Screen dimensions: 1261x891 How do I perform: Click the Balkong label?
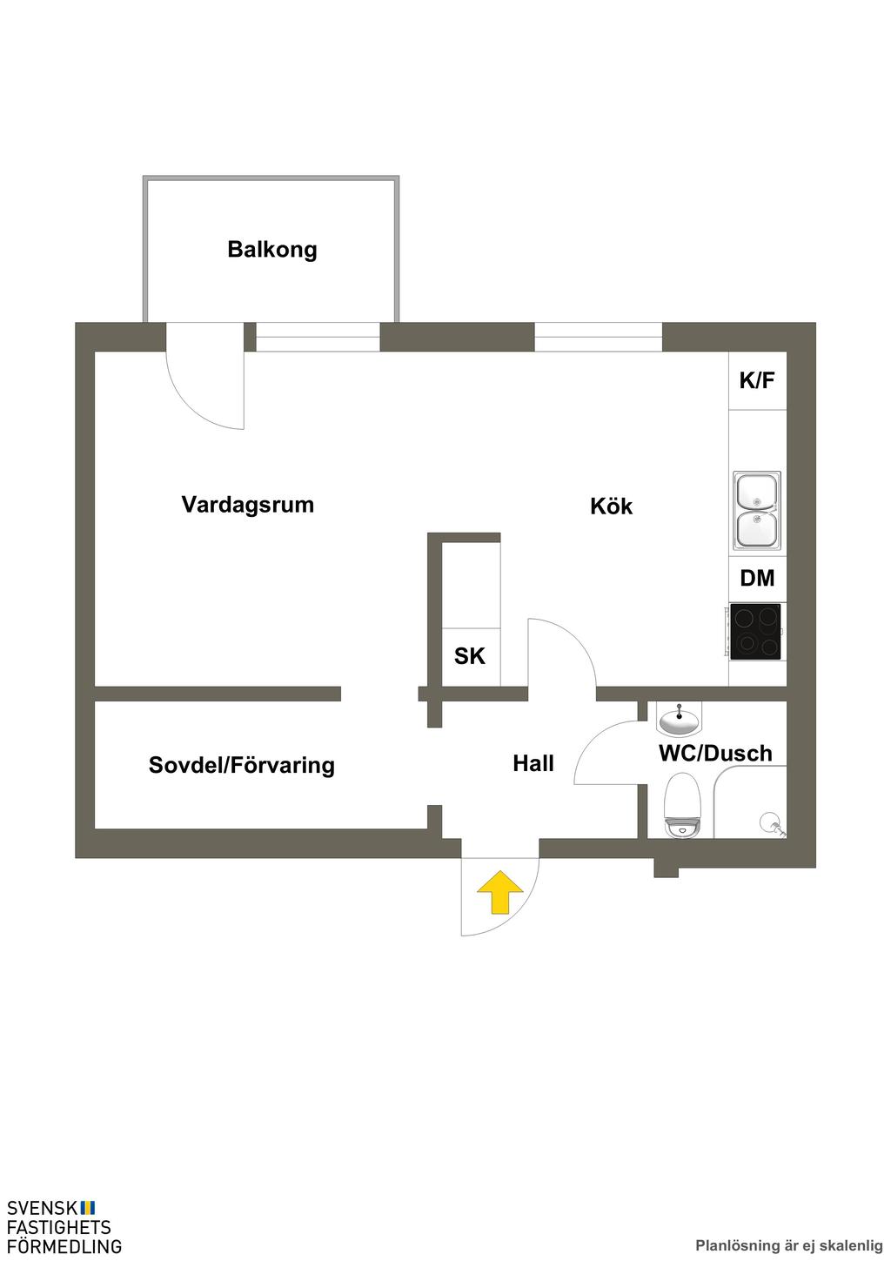271,251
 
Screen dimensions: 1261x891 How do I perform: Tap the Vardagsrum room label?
247,505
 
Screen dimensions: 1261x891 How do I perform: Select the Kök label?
611,506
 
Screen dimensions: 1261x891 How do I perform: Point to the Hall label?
533,764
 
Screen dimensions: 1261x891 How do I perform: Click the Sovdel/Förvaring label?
241,766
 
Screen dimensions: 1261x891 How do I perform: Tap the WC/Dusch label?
715,754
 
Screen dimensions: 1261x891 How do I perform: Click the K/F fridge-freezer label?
756,380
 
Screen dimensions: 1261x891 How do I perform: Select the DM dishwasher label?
757,579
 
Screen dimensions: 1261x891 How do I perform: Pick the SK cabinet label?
470,656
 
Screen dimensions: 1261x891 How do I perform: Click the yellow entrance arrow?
499,894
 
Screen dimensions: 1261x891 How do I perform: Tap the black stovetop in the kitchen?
755,632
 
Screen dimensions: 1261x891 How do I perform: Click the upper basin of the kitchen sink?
757,492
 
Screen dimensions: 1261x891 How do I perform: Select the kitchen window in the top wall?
598,337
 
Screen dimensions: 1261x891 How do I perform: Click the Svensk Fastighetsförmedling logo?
64,1226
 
